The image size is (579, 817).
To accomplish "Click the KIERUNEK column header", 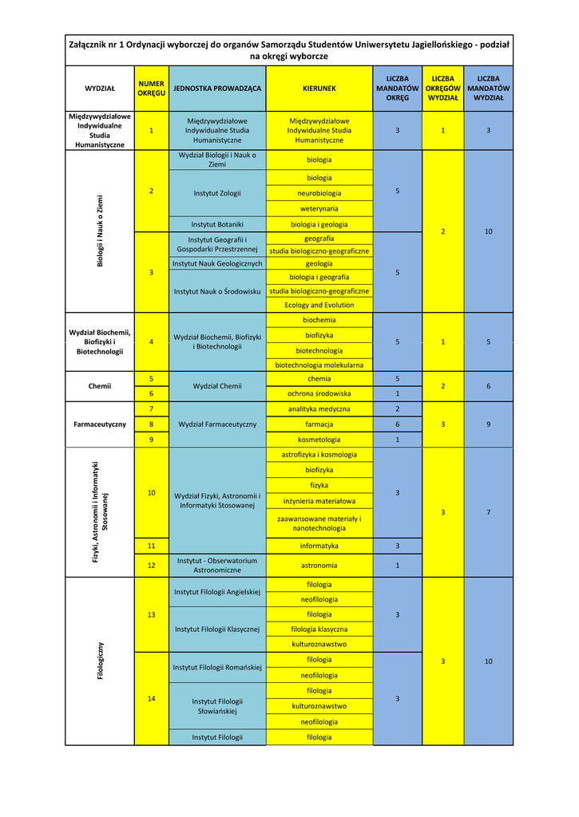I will pyautogui.click(x=319, y=88).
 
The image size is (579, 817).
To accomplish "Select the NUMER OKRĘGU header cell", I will pyautogui.click(x=151, y=88).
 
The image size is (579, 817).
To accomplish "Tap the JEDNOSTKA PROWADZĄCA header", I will pyautogui.click(x=216, y=88).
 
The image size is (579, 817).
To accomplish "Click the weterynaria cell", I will pyautogui.click(x=319, y=208).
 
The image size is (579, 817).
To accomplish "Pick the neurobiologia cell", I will pyautogui.click(x=319, y=193).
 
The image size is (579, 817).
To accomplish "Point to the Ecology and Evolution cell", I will pyautogui.click(x=319, y=305).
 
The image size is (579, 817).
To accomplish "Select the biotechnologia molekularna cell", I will pyautogui.click(x=319, y=365).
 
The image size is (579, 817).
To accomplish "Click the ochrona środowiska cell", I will pyautogui.click(x=319, y=393).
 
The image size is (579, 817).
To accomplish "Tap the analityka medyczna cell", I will pyautogui.click(x=319, y=408).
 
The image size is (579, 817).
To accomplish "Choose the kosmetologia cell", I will pyautogui.click(x=319, y=440).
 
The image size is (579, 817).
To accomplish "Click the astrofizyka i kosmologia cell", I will pyautogui.click(x=319, y=455).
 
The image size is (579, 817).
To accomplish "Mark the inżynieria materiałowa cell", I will pyautogui.click(x=319, y=501).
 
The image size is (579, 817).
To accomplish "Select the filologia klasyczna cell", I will pyautogui.click(x=319, y=629).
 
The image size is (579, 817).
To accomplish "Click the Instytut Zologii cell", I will pyautogui.click(x=216, y=193).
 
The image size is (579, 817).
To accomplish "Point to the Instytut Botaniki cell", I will pyautogui.click(x=216, y=224).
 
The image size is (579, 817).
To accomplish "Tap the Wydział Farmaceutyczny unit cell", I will pyautogui.click(x=216, y=424).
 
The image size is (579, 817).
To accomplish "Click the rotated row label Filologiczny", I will pyautogui.click(x=101, y=661).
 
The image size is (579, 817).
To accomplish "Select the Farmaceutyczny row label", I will pyautogui.click(x=100, y=424).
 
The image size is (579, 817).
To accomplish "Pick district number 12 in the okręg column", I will pyautogui.click(x=151, y=566).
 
